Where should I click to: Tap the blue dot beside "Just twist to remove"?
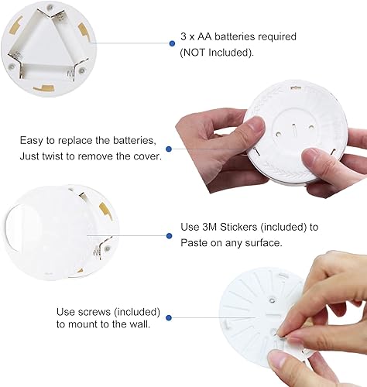coord(167,149)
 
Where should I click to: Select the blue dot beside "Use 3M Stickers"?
coord(170,235)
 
